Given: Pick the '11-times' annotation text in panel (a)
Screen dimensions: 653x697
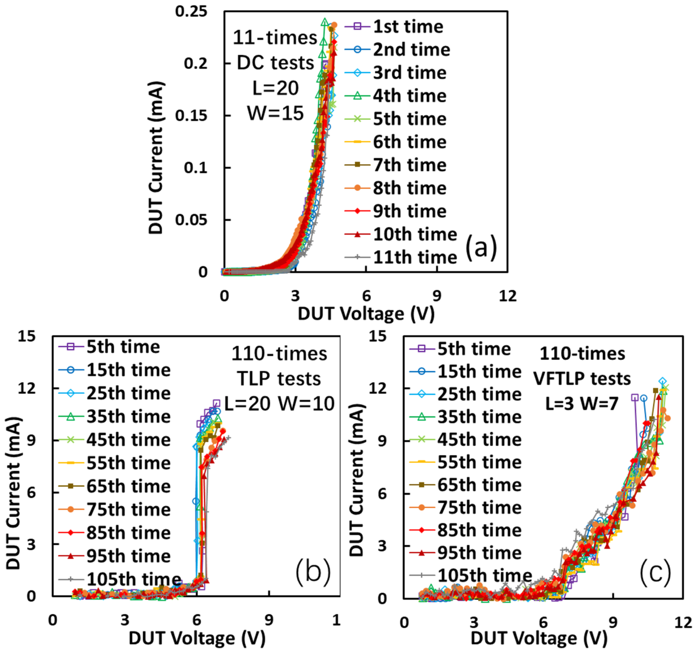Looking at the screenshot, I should [275, 38].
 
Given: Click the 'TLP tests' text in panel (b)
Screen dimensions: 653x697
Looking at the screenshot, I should [279, 379].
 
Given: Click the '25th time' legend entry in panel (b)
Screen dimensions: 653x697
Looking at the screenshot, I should [128, 394].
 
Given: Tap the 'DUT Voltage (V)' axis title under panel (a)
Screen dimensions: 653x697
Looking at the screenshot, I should [366, 314].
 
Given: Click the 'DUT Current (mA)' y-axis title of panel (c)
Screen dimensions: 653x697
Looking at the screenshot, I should [357, 480].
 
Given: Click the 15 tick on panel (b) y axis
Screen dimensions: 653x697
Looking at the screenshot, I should [27, 336].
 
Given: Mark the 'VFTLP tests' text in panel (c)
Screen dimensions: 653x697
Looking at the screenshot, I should [582, 379].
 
